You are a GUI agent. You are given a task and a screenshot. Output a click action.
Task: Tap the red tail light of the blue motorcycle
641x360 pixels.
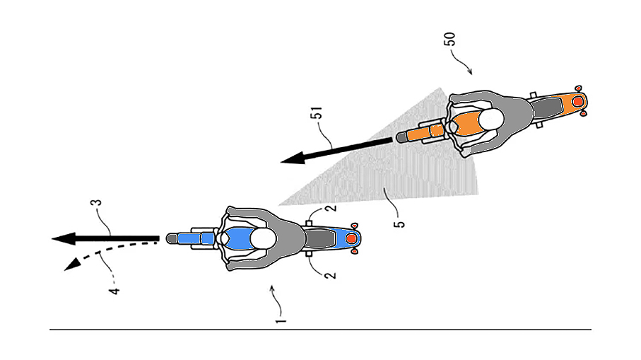(x=353, y=239)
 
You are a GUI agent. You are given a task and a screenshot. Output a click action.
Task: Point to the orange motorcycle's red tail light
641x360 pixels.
(x=578, y=103)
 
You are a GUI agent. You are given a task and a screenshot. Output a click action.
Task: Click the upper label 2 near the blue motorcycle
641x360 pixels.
(x=328, y=209)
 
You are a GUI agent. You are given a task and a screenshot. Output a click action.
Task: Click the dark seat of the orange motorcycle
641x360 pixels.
(x=548, y=107)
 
